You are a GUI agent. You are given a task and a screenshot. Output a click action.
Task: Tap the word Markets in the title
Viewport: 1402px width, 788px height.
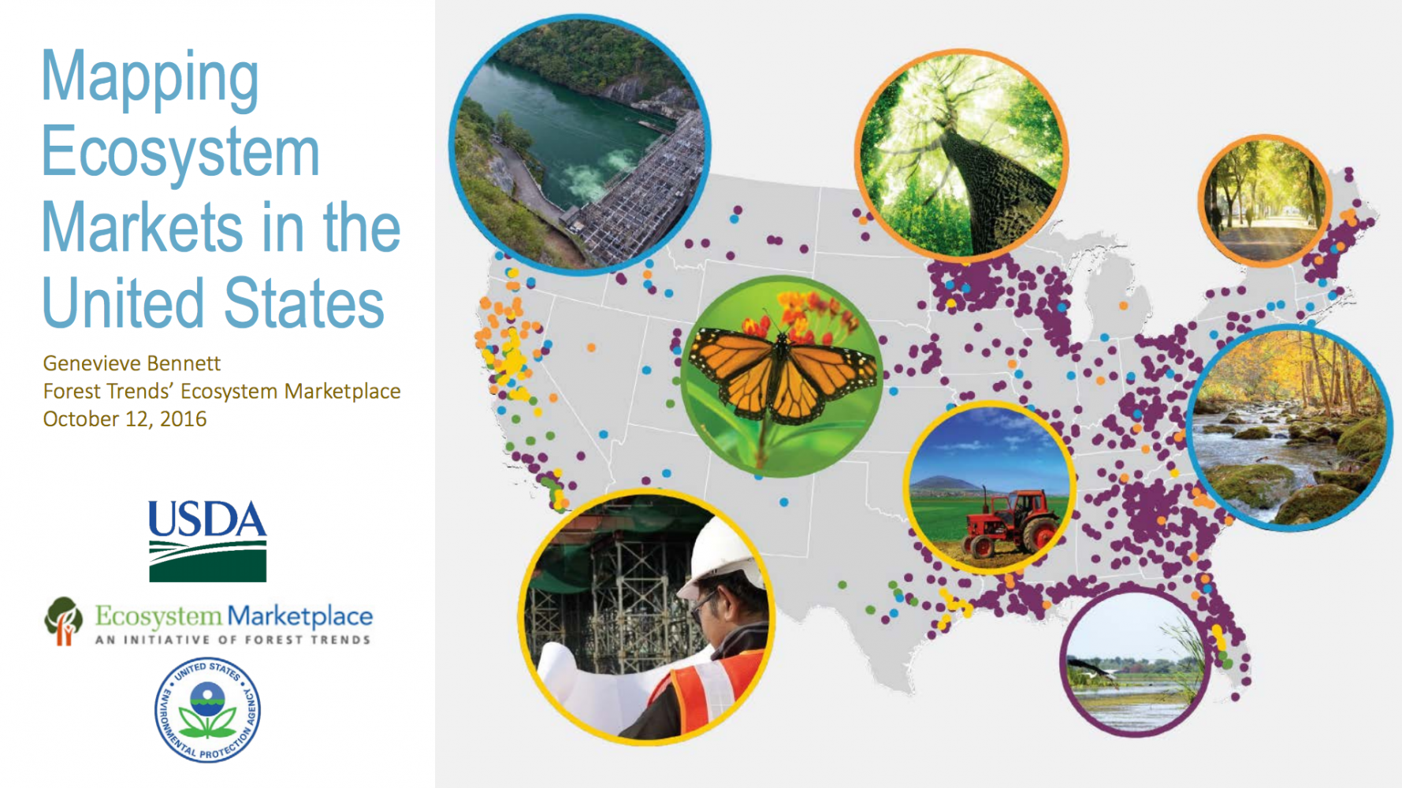point(142,227)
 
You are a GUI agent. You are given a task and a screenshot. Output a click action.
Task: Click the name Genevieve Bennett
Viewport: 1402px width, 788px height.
point(132,363)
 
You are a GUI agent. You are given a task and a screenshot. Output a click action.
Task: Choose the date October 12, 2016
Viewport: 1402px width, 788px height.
point(125,418)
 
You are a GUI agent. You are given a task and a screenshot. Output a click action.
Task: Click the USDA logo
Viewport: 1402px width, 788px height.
point(208,541)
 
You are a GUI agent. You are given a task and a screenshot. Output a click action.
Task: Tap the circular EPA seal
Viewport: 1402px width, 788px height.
point(207,710)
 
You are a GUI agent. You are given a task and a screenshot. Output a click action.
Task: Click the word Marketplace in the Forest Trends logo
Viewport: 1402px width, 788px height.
point(300,616)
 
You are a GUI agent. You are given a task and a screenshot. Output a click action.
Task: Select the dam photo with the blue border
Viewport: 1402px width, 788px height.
point(580,144)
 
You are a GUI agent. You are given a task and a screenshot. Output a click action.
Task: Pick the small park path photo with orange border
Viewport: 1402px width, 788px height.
point(1265,201)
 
